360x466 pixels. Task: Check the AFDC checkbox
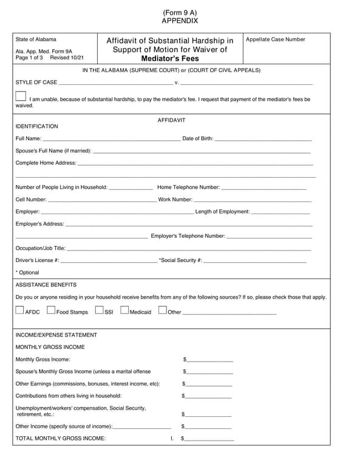20,311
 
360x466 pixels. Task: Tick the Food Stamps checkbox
51,311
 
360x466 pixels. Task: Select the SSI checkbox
100,311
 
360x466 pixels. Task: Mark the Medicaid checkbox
124,311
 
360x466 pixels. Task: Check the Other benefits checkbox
162,311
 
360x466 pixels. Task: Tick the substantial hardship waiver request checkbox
21,96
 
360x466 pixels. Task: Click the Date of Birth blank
263,139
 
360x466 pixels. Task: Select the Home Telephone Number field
264,187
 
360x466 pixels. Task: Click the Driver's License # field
109,261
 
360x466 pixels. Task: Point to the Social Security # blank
255,261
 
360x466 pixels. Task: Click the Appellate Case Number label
276,39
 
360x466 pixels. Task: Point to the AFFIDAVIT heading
171,120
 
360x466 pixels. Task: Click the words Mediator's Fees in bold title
169,59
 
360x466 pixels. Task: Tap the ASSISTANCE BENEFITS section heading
46,285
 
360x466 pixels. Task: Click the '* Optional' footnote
27,272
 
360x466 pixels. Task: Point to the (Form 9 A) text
180,12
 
